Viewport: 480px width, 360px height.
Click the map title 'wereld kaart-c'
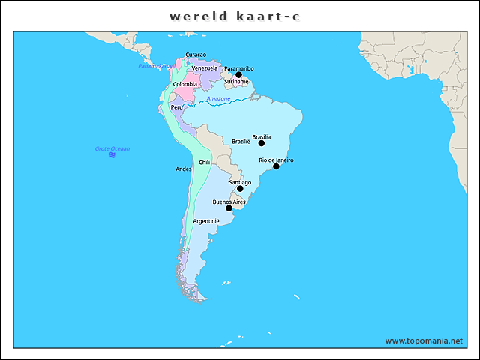[235, 16]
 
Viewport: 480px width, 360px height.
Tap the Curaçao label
[196, 55]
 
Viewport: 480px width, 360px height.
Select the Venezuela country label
[204, 68]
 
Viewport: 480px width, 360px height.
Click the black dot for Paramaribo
[239, 75]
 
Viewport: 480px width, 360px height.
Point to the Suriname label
[236, 82]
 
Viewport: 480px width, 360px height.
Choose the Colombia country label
[185, 84]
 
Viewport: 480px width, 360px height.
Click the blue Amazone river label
[219, 99]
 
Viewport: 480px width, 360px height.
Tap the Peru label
[176, 107]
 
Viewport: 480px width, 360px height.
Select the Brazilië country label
[241, 142]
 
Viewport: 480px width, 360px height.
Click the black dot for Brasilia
[262, 143]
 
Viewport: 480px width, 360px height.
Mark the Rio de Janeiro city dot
[276, 166]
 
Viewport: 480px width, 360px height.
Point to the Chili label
[204, 162]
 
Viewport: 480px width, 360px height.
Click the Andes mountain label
[184, 169]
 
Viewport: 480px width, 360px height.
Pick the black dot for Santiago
[240, 189]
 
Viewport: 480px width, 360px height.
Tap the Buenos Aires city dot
[229, 208]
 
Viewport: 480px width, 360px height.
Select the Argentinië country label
[205, 222]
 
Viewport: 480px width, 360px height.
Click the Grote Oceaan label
[112, 148]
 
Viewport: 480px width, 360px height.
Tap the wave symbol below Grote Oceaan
[112, 155]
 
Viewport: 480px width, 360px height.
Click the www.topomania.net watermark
[424, 340]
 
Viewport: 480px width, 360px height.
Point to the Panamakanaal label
[156, 66]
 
